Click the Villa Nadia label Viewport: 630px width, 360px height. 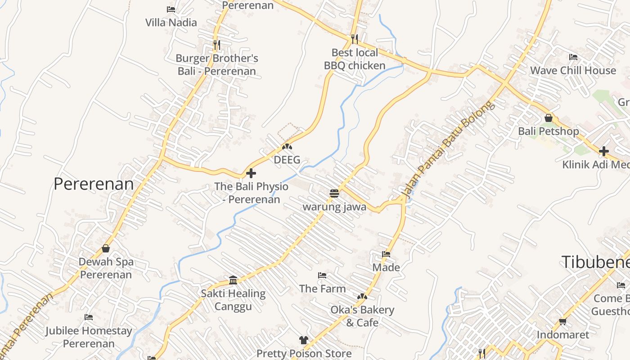coord(171,22)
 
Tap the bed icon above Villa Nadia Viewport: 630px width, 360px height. coord(171,9)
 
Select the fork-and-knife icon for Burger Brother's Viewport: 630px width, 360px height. coord(217,45)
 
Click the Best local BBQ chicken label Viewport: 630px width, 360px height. coord(355,59)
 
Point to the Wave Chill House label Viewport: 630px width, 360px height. coord(573,71)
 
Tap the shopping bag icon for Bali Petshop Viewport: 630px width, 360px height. coord(548,118)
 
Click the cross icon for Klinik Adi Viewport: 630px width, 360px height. coord(603,151)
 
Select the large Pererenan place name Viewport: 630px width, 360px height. coord(94,184)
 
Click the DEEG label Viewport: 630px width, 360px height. coord(287,160)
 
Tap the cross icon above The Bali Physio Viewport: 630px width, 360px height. coord(251,173)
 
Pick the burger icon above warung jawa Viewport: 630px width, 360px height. coord(334,193)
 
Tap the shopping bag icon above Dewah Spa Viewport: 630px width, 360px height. coord(106,248)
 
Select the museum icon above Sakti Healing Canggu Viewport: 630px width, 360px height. coord(233,280)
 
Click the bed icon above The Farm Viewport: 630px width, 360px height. coord(322,275)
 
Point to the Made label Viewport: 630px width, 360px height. coord(386,268)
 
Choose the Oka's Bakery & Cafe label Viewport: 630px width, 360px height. coord(362,316)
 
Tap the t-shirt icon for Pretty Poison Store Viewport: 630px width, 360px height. coord(304,340)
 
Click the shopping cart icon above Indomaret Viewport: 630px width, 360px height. coord(562,321)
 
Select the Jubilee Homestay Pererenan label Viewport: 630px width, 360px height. coord(89,337)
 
